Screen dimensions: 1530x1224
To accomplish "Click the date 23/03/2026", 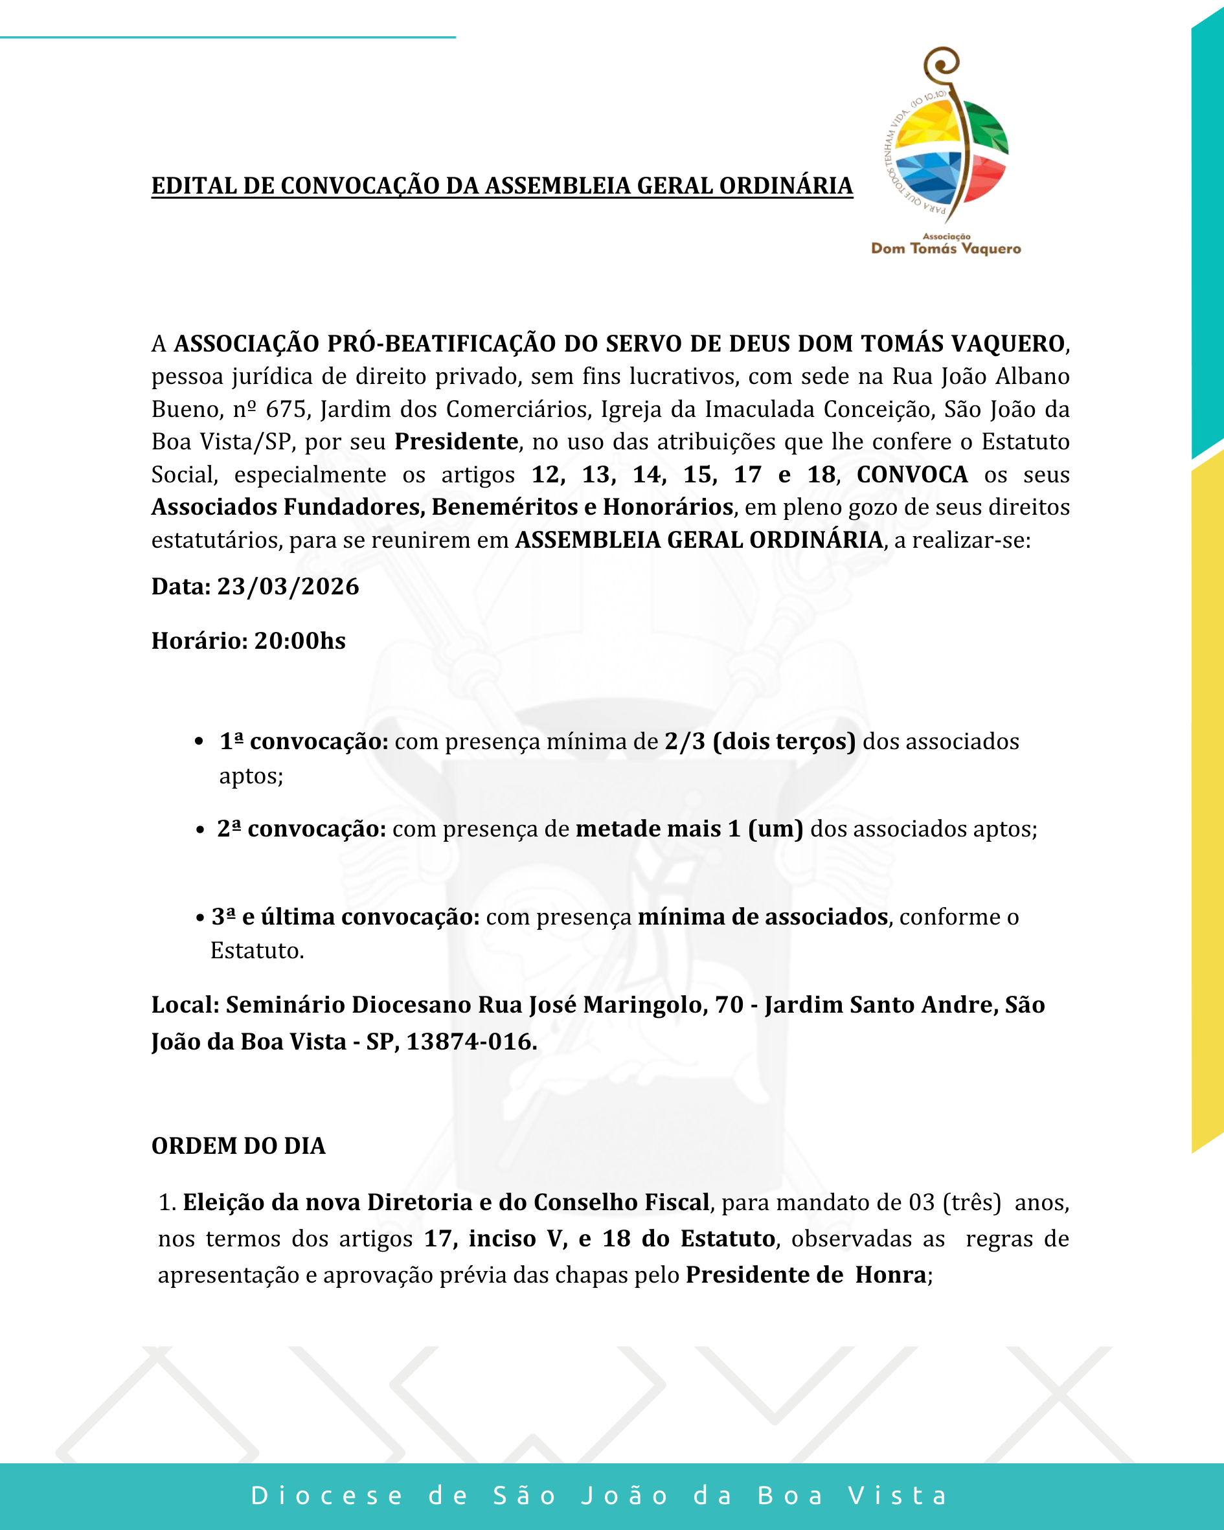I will coord(288,587).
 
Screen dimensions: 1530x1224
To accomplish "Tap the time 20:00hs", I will coord(300,641).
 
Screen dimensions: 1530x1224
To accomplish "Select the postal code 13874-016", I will coord(470,1042).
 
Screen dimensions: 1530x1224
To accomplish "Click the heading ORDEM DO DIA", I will coord(238,1146).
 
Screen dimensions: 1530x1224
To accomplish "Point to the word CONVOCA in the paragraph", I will coord(912,475).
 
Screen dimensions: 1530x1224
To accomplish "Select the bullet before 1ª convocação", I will coord(199,742).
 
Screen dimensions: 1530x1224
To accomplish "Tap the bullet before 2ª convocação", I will coord(200,829).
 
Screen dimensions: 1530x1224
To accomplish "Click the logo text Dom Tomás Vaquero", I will coord(946,249).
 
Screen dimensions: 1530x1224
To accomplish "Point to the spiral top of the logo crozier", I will coord(943,64).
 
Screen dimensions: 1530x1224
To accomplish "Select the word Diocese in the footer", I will coord(327,1496).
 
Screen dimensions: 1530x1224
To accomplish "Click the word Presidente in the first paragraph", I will coord(456,442).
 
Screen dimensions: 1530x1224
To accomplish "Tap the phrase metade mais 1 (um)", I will coord(688,829).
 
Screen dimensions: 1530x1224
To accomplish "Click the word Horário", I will coord(199,641).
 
